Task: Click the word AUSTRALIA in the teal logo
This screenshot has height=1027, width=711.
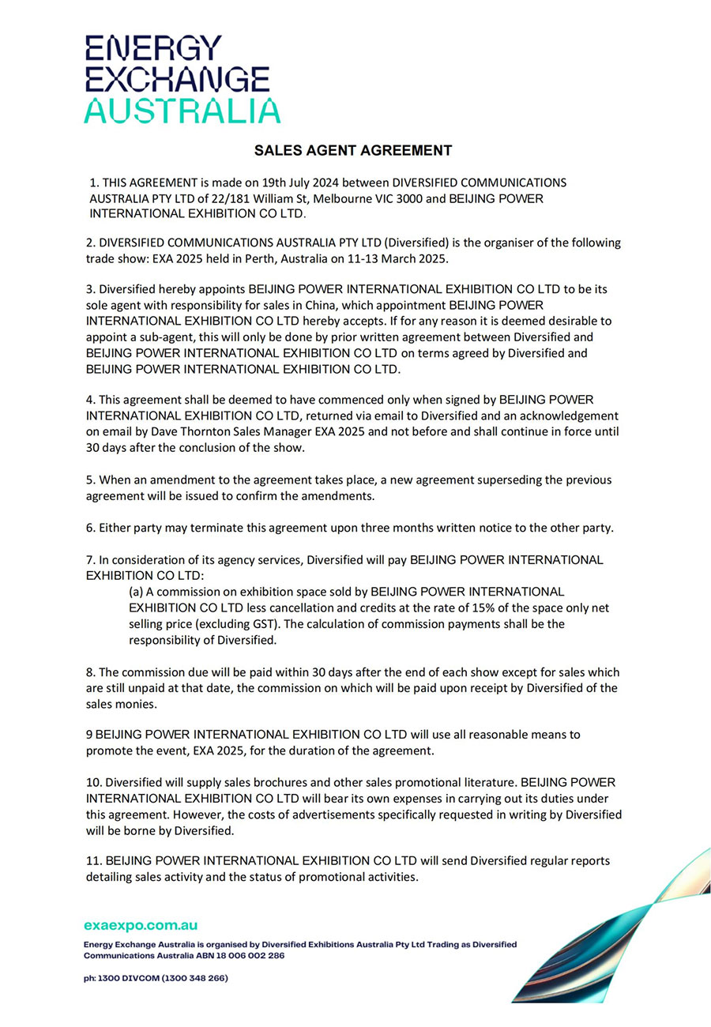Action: pyautogui.click(x=182, y=111)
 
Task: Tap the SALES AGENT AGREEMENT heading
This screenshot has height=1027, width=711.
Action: pyautogui.click(x=353, y=150)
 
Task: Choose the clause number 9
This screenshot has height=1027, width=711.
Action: pyautogui.click(x=89, y=734)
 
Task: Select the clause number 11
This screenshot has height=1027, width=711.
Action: pyautogui.click(x=93, y=860)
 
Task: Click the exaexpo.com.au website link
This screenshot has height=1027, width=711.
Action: pyautogui.click(x=141, y=925)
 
